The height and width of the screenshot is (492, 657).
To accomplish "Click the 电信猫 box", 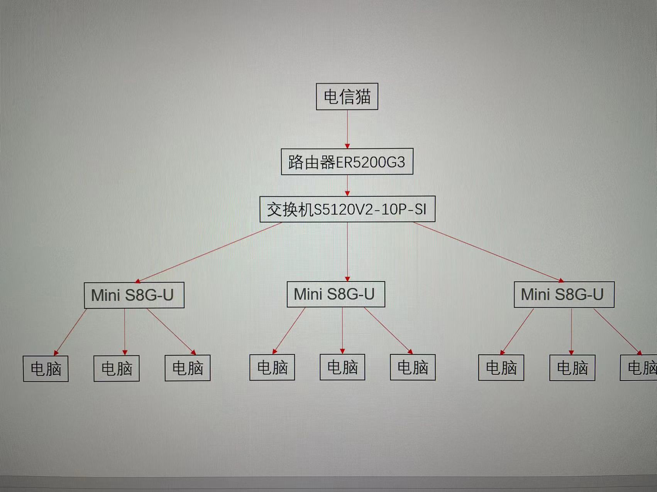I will (347, 96).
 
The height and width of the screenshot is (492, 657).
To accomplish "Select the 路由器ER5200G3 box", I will (347, 162).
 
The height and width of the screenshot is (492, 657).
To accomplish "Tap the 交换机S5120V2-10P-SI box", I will (347, 209).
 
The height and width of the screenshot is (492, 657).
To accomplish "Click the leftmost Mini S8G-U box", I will (134, 295).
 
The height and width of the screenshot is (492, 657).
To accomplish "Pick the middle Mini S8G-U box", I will (335, 294).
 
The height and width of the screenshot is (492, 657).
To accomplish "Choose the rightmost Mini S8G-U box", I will (564, 295).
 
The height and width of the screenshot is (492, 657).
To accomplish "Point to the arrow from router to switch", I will (347, 185).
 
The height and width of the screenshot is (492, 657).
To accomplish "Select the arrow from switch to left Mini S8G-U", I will (208, 252).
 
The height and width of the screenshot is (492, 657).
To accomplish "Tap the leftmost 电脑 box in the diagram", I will (46, 369).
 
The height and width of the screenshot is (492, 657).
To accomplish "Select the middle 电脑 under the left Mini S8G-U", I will (116, 368).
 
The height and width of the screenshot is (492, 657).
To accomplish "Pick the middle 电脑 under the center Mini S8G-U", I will (342, 367).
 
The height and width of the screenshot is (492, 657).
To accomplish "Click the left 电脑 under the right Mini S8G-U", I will (501, 367).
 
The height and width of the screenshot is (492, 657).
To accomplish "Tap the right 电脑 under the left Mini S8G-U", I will (187, 368).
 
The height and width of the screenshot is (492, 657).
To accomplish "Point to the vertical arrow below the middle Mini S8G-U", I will (342, 330).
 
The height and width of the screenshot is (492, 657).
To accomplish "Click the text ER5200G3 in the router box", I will (371, 162).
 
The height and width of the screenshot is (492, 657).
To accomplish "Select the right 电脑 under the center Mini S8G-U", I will (412, 367).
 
